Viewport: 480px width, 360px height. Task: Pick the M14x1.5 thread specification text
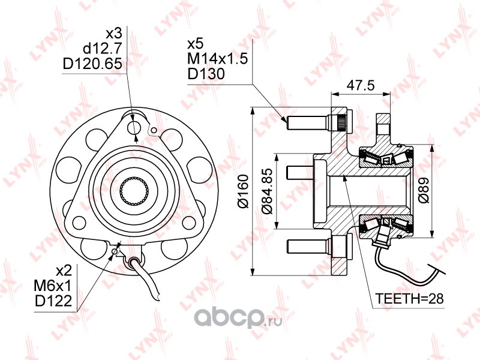(214, 59)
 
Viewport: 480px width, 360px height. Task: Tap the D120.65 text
(92, 63)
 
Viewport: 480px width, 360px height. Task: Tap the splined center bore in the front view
(133, 190)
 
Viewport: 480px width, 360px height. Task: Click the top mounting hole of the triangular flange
(136, 127)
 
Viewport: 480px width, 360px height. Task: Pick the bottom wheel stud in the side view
(307, 247)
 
